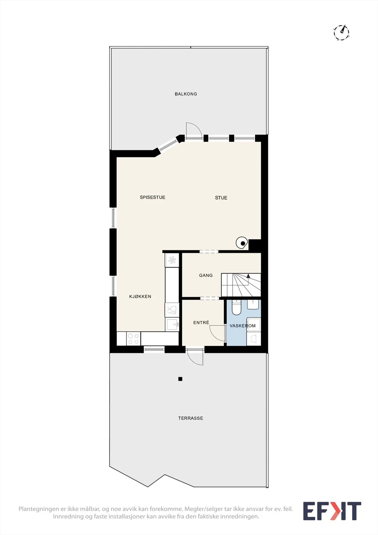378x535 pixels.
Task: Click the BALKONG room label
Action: click(x=186, y=94)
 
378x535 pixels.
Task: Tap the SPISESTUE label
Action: click(x=153, y=197)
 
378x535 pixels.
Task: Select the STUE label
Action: click(x=221, y=198)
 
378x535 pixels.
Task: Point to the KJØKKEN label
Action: click(x=140, y=296)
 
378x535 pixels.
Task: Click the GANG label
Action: click(x=206, y=276)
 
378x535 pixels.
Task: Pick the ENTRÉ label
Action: click(x=201, y=322)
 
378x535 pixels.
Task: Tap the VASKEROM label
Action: click(x=243, y=326)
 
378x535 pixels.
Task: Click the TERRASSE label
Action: click(x=191, y=418)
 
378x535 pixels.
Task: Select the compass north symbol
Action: click(x=342, y=32)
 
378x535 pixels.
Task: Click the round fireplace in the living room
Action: click(x=242, y=243)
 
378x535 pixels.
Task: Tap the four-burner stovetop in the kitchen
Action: click(x=133, y=339)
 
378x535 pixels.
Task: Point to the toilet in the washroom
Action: click(x=237, y=307)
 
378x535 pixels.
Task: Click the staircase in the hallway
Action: click(x=241, y=285)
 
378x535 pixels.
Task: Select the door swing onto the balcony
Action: click(x=194, y=130)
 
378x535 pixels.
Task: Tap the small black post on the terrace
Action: click(x=180, y=379)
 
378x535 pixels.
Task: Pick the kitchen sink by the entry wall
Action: click(x=172, y=324)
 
